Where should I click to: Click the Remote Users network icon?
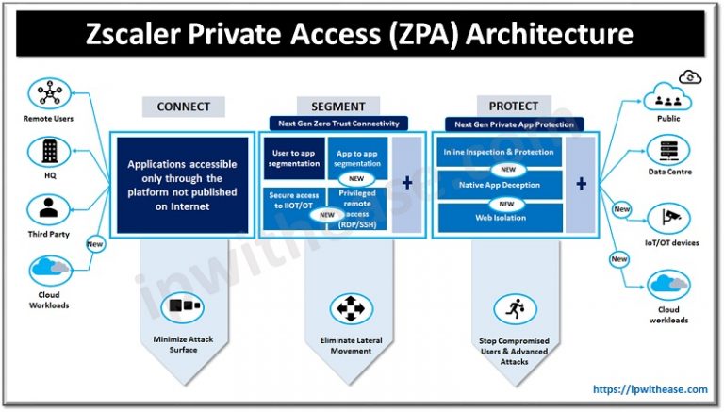pos(44,94)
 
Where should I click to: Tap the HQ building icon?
pos(44,151)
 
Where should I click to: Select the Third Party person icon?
pos(44,208)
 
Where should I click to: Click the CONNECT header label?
pos(176,107)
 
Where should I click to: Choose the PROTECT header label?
pos(513,107)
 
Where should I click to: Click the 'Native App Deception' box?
pos(500,185)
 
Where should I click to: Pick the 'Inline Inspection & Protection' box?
pos(500,152)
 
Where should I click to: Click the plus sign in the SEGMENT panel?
pos(407,181)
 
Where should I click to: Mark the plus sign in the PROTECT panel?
pos(582,181)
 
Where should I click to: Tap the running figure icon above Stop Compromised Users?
pos(513,308)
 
